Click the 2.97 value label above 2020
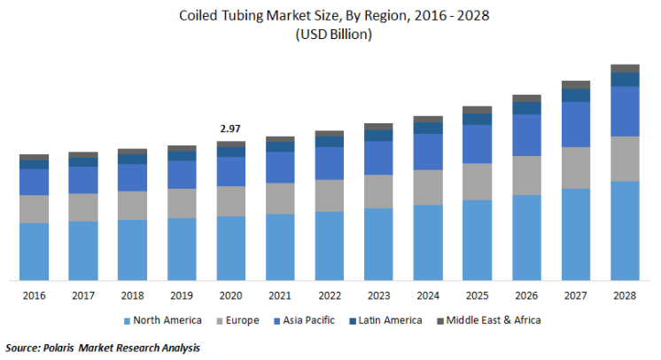click(x=230, y=129)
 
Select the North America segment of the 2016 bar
click(x=35, y=252)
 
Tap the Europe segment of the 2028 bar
click(x=626, y=159)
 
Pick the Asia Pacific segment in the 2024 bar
click(x=428, y=152)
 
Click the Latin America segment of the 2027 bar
click(x=576, y=96)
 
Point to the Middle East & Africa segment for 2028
click(x=626, y=68)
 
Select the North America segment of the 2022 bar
click(x=330, y=246)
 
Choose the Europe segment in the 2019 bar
click(x=182, y=203)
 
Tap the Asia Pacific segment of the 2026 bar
click(x=526, y=135)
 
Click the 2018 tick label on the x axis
click(x=132, y=295)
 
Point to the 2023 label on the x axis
click(x=378, y=295)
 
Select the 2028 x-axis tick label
click(x=625, y=295)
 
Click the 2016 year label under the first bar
click(x=35, y=295)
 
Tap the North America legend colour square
click(x=127, y=321)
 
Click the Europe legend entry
click(x=237, y=320)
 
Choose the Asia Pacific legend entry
click(x=304, y=320)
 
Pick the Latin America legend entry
click(x=385, y=320)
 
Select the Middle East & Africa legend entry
click(x=488, y=320)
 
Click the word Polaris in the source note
click(x=58, y=348)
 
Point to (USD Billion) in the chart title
click(x=334, y=35)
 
